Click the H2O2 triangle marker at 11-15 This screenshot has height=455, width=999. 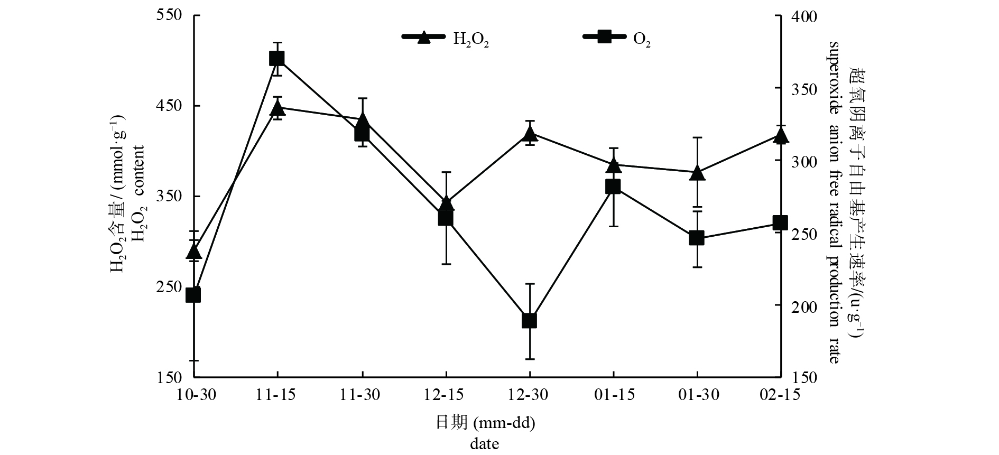tap(277, 109)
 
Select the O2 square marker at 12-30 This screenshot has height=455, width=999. tap(529, 321)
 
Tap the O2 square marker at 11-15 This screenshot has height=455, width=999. tap(277, 58)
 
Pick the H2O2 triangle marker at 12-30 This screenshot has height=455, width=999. tap(529, 134)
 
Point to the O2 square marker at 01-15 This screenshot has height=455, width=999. tap(613, 187)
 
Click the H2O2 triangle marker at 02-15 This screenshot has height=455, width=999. tap(780, 136)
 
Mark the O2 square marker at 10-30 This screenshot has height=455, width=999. tap(193, 295)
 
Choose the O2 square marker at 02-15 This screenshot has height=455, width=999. tap(780, 222)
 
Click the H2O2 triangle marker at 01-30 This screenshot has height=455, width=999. tap(697, 173)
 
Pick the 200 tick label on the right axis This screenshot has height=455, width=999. tap(803, 305)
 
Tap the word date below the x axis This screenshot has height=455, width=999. tap(484, 444)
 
